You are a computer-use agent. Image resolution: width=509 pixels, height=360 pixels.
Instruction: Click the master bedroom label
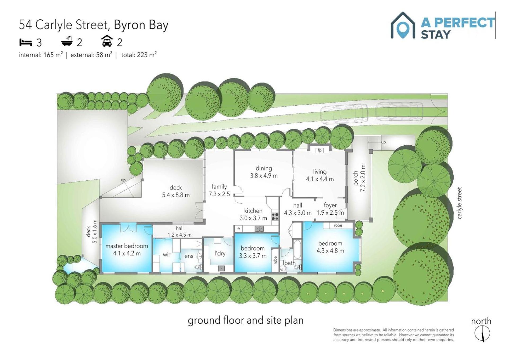point(127,246)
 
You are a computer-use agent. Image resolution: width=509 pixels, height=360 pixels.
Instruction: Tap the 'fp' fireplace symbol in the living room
point(320,150)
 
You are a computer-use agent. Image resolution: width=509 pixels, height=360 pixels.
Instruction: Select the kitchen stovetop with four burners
point(275,217)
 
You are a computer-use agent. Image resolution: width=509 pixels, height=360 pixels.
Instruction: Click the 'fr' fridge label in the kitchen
point(239,228)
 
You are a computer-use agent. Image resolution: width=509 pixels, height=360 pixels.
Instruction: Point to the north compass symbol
point(482,334)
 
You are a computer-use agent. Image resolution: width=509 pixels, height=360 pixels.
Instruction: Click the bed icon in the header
point(26,42)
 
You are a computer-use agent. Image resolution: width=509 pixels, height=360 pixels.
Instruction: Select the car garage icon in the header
point(107,41)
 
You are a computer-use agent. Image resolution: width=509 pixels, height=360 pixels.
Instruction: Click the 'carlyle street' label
point(459,203)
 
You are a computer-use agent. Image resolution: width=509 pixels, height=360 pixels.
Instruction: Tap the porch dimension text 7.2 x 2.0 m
point(363,178)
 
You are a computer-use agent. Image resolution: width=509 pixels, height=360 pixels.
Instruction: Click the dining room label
point(264,168)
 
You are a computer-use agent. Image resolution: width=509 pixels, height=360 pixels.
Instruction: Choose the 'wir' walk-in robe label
point(166,255)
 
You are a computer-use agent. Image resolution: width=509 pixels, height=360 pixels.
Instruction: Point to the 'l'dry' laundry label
point(220,253)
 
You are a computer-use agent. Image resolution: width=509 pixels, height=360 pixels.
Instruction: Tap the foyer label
point(330,205)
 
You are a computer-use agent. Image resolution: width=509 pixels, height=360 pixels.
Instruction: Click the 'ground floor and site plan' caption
point(245,320)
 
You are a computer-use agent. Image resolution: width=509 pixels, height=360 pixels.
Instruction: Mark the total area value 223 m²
point(147,55)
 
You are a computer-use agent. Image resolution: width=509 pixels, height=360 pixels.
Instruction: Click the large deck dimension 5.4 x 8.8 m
point(176,195)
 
